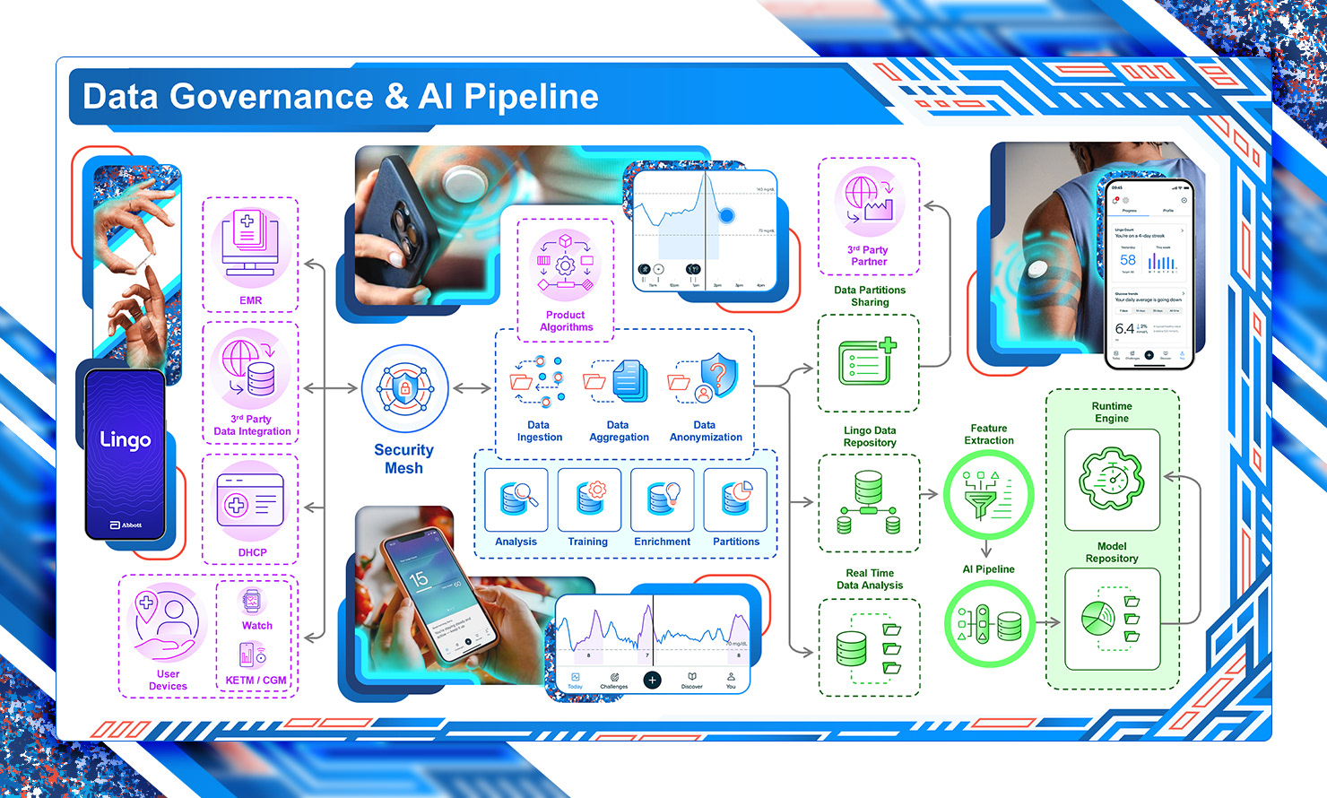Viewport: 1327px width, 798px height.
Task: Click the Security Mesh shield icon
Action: [404, 389]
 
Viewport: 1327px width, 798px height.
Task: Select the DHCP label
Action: [252, 552]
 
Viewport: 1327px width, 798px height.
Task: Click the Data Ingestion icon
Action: [538, 380]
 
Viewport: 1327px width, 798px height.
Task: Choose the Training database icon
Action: [589, 499]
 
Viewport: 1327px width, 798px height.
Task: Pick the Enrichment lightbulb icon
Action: [663, 499]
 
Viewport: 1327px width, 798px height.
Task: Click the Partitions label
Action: [736, 542]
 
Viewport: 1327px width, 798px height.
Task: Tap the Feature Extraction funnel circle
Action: [989, 495]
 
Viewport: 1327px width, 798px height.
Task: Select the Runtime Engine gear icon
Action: [1112, 479]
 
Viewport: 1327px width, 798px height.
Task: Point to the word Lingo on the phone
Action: [126, 439]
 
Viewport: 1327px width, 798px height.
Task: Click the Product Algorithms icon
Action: [566, 265]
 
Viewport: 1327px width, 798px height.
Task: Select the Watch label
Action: [257, 626]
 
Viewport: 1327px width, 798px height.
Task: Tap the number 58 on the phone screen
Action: [1128, 260]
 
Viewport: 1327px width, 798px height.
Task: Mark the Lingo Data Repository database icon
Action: [868, 503]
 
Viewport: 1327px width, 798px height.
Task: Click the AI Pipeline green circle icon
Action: [989, 623]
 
